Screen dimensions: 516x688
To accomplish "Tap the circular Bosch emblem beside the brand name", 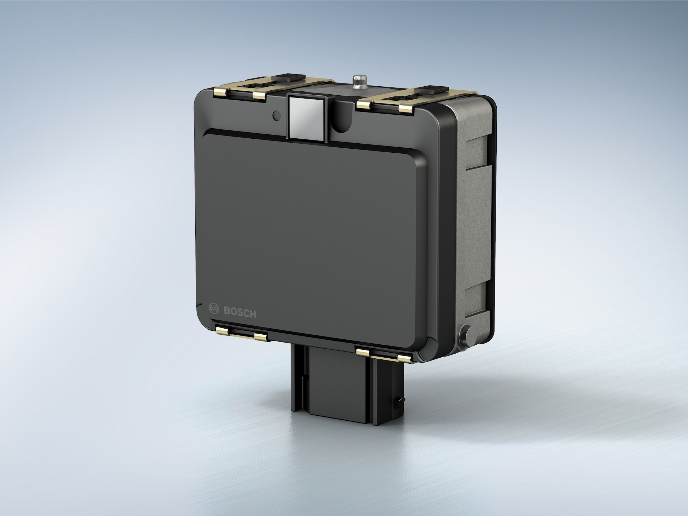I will pos(214,309).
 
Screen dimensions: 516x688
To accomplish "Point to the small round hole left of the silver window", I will pos(276,115).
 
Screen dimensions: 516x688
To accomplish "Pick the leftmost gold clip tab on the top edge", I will pos(221,94).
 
